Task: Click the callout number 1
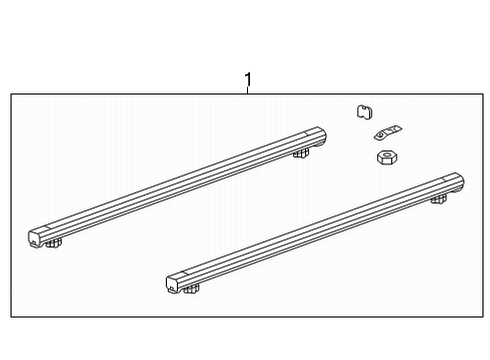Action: (x=248, y=79)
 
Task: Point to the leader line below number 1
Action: (x=248, y=91)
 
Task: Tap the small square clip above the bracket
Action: (x=364, y=112)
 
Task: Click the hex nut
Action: (x=385, y=157)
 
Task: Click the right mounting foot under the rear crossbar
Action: (x=300, y=153)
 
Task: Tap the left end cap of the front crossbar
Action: (x=174, y=284)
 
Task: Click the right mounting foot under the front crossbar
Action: (x=438, y=199)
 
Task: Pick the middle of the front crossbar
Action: (x=315, y=232)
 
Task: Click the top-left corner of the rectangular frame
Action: (x=11, y=94)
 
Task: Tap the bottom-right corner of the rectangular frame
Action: (x=482, y=318)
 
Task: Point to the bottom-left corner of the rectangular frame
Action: (x=11, y=318)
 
